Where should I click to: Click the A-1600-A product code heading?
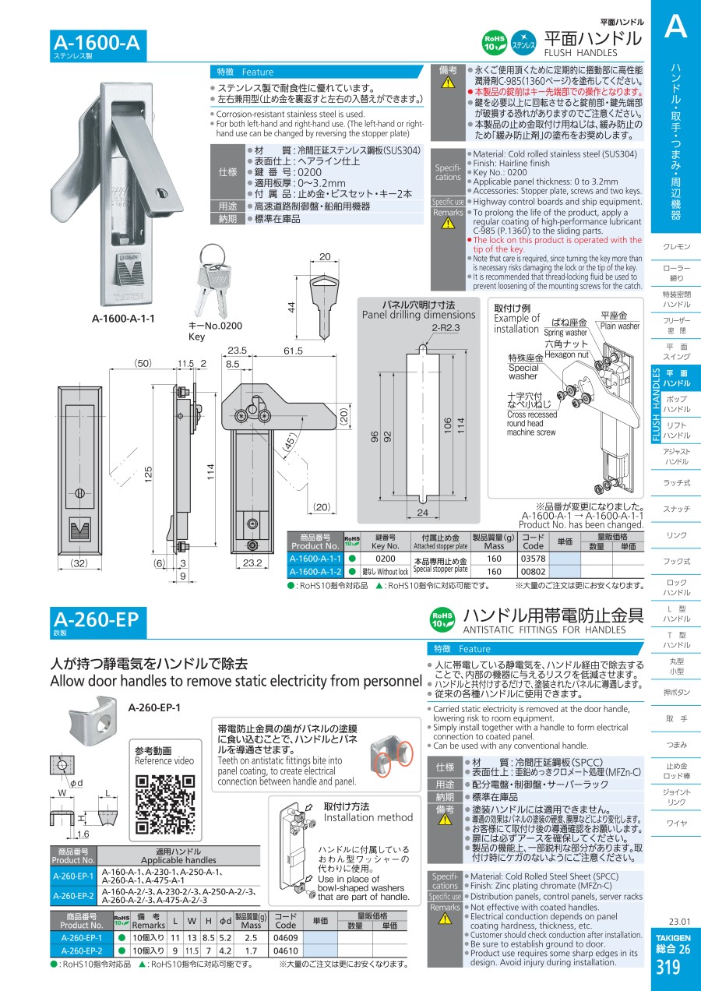[x=97, y=43]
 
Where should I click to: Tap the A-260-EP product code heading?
[x=96, y=619]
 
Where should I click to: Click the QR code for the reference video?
[x=165, y=805]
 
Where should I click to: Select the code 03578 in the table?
[x=534, y=559]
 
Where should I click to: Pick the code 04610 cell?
[x=285, y=950]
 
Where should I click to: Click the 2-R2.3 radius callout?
[x=446, y=328]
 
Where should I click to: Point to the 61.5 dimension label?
[x=293, y=351]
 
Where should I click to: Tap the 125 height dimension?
[x=148, y=474]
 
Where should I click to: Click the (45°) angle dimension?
[x=289, y=443]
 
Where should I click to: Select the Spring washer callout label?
[x=565, y=333]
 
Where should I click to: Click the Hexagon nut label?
[x=566, y=354]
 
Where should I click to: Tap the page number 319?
[x=668, y=968]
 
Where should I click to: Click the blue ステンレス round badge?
[x=523, y=43]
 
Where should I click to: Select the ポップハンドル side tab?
[x=676, y=404]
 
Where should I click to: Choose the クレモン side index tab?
[x=676, y=246]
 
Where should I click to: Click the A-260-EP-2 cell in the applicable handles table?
[x=73, y=896]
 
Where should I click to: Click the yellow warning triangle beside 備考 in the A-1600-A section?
[x=448, y=83]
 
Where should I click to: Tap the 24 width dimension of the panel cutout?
[x=422, y=513]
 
